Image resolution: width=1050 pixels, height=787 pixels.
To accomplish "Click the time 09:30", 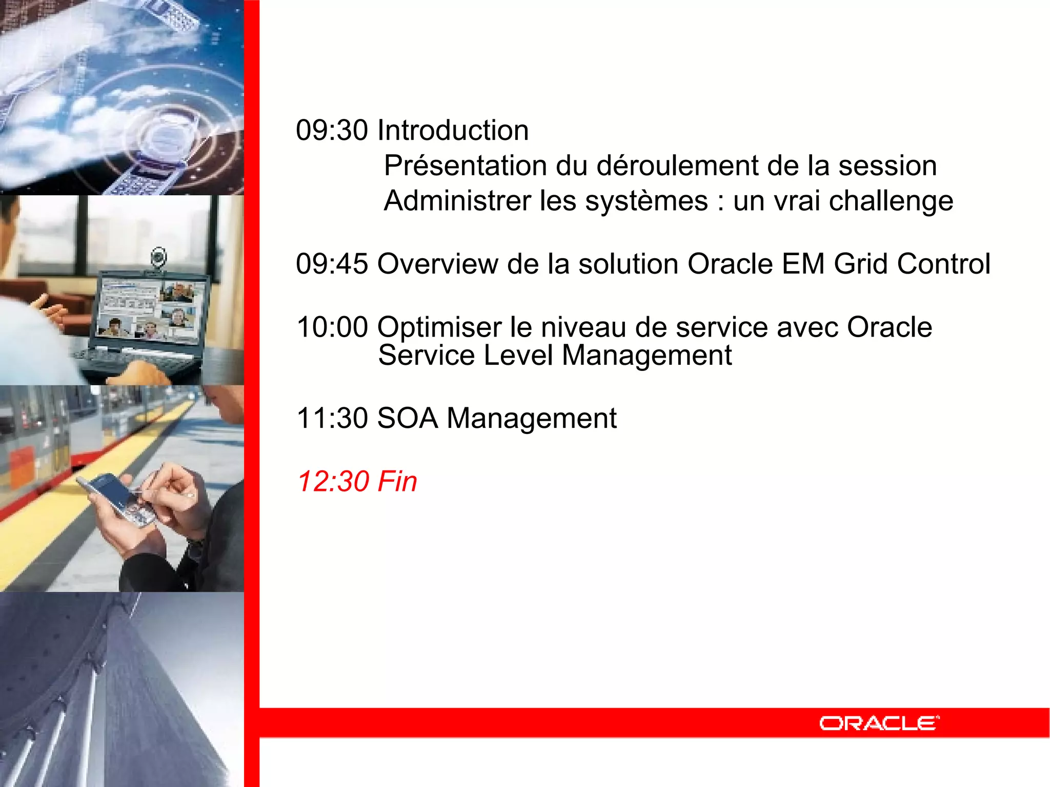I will [x=332, y=130].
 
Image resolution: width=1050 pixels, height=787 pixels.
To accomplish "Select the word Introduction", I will [x=453, y=130].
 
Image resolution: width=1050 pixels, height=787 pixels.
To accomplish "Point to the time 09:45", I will [x=332, y=264].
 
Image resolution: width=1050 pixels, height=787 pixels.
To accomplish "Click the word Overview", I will [x=437, y=264].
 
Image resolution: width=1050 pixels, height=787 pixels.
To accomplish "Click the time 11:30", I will [x=332, y=418].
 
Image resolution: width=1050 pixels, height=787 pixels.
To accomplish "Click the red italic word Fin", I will [x=397, y=482].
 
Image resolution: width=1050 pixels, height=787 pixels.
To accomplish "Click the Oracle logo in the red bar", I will [x=879, y=723].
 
